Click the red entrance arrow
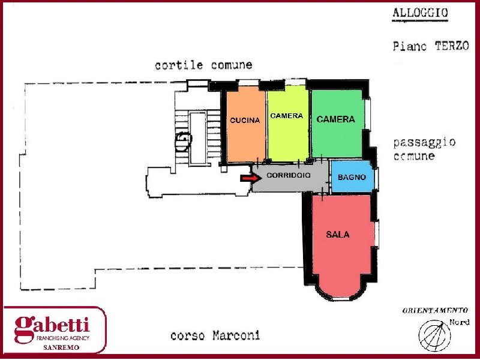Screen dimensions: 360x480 pyautogui.click(x=248, y=178)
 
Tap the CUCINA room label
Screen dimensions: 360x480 pyautogui.click(x=245, y=120)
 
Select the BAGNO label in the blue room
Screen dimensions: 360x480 pyautogui.click(x=352, y=178)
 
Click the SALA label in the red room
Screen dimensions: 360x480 pyautogui.click(x=338, y=235)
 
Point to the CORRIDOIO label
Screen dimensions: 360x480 pyautogui.click(x=289, y=176)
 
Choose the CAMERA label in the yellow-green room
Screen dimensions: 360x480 pyautogui.click(x=287, y=116)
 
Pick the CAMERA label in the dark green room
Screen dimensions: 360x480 pyautogui.click(x=335, y=119)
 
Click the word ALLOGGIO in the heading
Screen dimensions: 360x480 pyautogui.click(x=420, y=13)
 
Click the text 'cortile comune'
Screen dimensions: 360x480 pyautogui.click(x=203, y=65)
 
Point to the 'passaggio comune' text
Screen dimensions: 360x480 pyautogui.click(x=424, y=149)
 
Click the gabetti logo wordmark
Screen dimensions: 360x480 pyautogui.click(x=52, y=325)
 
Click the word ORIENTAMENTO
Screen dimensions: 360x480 pyautogui.click(x=434, y=310)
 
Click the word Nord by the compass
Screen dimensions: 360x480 pyautogui.click(x=459, y=323)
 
